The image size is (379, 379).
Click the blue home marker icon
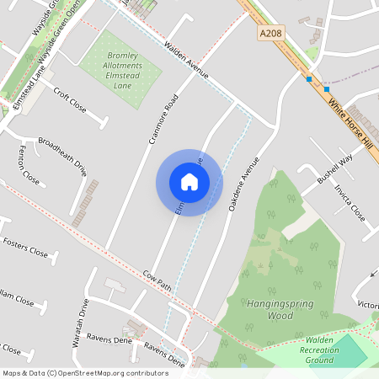point(189,181)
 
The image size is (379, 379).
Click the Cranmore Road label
point(163,118)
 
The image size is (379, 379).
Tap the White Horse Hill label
point(350,121)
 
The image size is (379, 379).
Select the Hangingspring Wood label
point(269,309)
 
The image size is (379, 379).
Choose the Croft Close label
point(70,99)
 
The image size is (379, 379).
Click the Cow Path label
point(157,281)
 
